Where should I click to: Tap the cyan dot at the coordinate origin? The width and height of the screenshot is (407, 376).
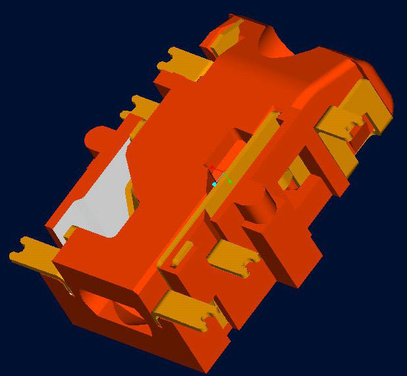click(214, 184)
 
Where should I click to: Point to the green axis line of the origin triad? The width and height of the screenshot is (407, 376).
click(226, 178)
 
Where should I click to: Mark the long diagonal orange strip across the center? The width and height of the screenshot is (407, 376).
click(231, 171)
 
